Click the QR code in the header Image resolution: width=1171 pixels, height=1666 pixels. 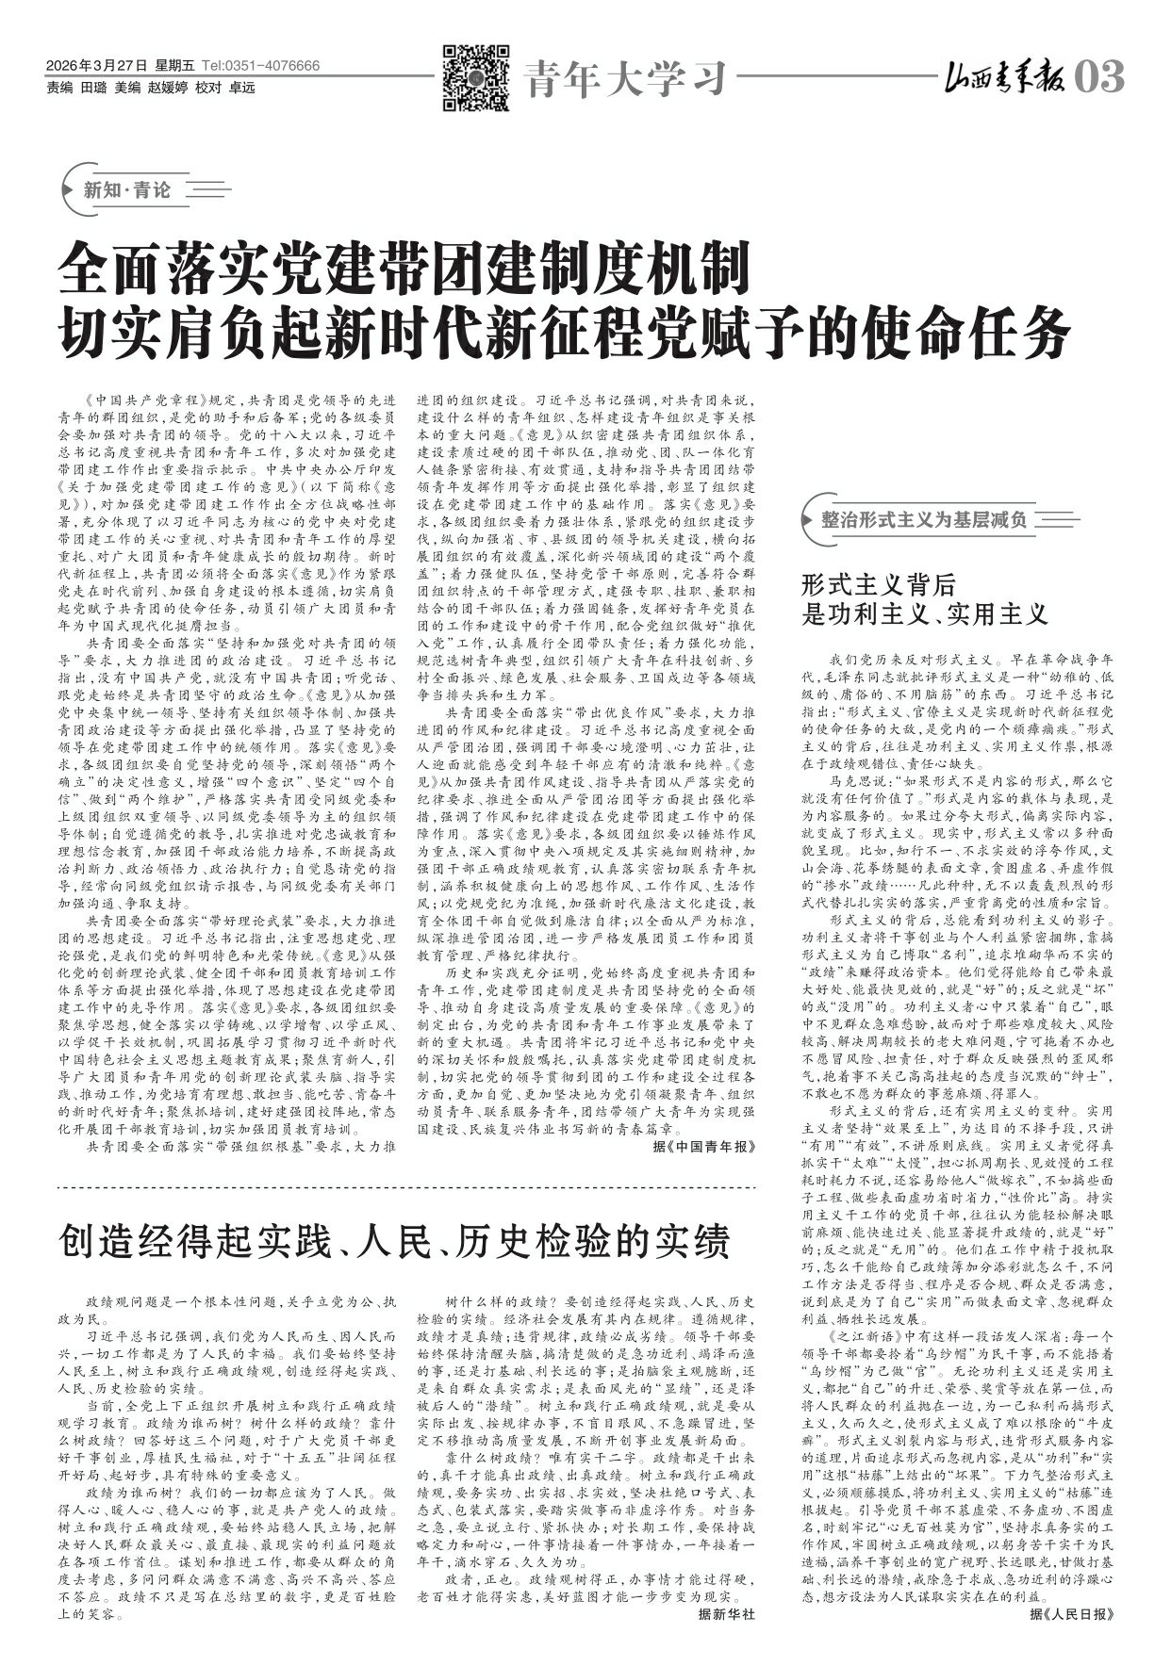click(476, 78)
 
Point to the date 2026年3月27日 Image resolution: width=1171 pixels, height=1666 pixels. click(96, 66)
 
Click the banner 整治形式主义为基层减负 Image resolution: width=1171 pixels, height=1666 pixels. click(924, 519)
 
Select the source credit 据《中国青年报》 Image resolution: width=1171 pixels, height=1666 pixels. click(704, 1147)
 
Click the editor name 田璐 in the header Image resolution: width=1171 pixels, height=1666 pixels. click(93, 88)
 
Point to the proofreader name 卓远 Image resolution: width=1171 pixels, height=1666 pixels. click(242, 88)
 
